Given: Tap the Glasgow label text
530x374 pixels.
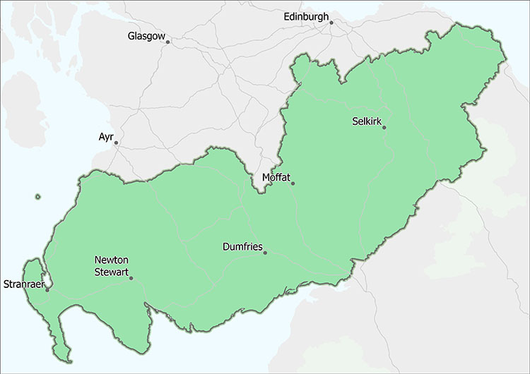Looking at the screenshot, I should (x=146, y=36).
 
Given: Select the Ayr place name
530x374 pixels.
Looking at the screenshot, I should (x=106, y=136).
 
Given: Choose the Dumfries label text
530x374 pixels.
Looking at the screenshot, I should (x=242, y=247).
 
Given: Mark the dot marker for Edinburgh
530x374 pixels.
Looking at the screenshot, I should (x=331, y=23).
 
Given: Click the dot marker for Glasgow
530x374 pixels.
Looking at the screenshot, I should (x=167, y=42).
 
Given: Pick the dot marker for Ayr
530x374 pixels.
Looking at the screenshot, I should (x=116, y=143).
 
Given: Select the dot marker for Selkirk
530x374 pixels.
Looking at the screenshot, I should (x=384, y=127).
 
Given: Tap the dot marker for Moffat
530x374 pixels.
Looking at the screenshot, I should (x=293, y=183).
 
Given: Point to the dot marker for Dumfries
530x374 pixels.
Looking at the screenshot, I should (x=265, y=253).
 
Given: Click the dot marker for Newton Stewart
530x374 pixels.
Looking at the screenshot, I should (x=131, y=278).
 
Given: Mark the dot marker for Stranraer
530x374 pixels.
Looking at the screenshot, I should (x=47, y=288).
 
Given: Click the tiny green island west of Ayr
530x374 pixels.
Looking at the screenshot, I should (x=37, y=197).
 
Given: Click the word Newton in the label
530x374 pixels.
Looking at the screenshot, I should (x=112, y=259).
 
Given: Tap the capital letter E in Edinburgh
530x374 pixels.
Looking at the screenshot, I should (x=286, y=16).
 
